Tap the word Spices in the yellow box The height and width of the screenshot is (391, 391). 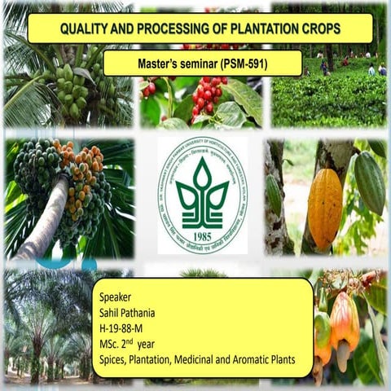pyautogui.click(x=108, y=359)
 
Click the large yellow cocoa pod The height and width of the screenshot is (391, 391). pyautogui.click(x=325, y=208)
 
